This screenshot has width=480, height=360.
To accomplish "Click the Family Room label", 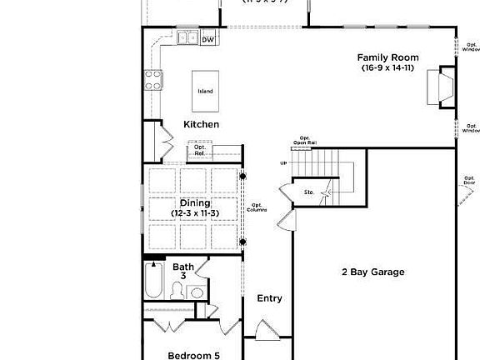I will click(x=387, y=57).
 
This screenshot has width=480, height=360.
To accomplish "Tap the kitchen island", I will click(x=205, y=91).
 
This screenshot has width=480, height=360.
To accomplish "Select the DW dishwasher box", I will click(x=208, y=39).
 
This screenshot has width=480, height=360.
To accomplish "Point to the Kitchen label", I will click(x=202, y=124).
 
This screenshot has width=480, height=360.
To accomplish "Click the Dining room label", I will click(x=195, y=202).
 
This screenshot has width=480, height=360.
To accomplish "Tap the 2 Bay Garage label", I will click(x=372, y=272).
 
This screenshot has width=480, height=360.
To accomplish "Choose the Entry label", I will click(x=269, y=298).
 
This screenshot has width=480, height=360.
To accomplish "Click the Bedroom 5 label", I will click(x=193, y=355).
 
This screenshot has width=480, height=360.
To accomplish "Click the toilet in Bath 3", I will click(x=177, y=291).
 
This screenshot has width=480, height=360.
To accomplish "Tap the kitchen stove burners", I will click(x=154, y=80).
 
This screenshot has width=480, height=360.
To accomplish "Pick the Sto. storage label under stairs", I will click(x=307, y=192).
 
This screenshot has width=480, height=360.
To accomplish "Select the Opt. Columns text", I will click(x=258, y=207).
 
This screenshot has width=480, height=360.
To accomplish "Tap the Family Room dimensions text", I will click(x=387, y=67).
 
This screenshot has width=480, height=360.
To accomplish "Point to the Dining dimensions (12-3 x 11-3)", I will click(x=195, y=213).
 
